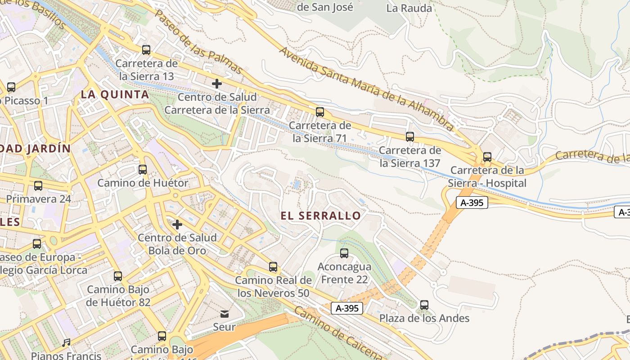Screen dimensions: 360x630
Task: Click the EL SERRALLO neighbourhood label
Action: [320, 216]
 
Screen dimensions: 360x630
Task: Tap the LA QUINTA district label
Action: [115, 94]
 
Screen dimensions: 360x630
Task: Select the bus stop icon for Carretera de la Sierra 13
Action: [146, 50]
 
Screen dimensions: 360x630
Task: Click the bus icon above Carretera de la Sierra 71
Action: [320, 112]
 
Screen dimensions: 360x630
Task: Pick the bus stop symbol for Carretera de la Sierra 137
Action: [410, 136]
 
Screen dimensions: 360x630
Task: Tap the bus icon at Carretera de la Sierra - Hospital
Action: [487, 157]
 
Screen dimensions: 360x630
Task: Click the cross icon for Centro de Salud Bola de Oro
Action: [177, 224]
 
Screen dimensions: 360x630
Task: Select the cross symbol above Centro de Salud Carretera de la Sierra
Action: [217, 83]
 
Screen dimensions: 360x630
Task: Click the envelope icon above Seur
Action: [224, 314]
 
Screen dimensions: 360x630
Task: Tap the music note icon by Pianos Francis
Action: [67, 343]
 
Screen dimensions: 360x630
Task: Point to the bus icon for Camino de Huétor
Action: [143, 170]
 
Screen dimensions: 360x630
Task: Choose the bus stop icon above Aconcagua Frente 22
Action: [344, 253]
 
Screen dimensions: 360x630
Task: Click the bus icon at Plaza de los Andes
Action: [424, 305]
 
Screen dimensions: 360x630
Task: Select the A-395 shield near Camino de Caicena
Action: [347, 308]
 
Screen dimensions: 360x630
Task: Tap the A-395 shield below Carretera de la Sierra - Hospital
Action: [472, 202]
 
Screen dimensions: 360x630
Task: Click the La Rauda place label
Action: [409, 8]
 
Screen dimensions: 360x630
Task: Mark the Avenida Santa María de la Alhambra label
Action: [366, 88]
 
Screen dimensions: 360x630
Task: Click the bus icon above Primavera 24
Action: [38, 185]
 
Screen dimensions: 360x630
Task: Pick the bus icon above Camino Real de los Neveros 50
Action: [273, 267]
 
